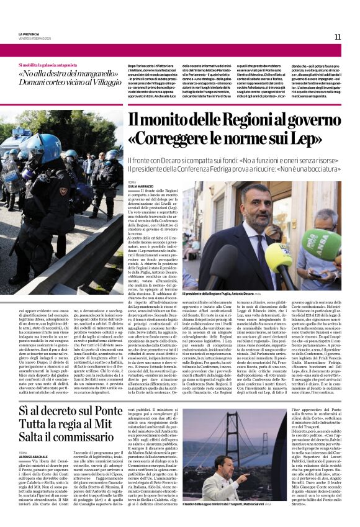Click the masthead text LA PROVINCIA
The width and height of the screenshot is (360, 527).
[x=29, y=35]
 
